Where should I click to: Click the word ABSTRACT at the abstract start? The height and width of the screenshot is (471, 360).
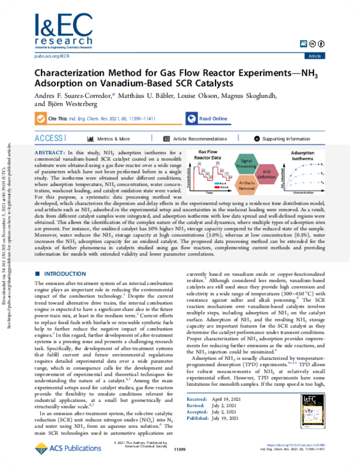pyautogui.click(x=52, y=154)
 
